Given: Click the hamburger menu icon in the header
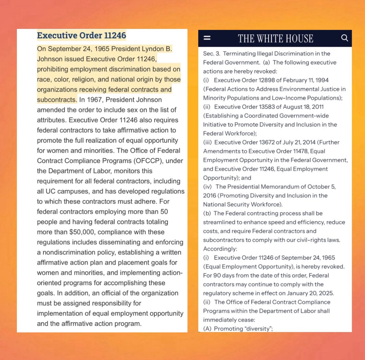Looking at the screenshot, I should click(x=207, y=38).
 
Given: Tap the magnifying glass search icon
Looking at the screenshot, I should click(x=345, y=38).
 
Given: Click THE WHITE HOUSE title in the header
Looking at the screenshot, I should click(x=275, y=38).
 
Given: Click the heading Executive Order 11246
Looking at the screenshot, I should click(x=81, y=35).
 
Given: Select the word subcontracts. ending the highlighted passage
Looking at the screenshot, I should click(x=57, y=100).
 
